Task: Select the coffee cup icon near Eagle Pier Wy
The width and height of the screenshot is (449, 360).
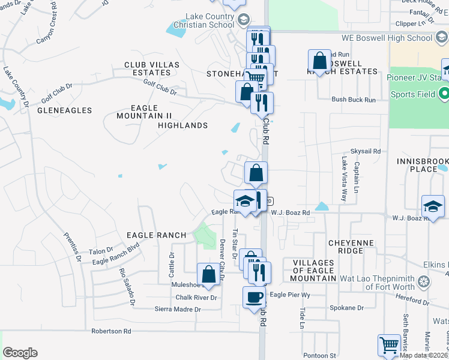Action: pos(254,297)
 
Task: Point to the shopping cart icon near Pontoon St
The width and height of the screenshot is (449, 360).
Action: pos(389,345)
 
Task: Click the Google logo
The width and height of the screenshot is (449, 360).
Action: pos(20,353)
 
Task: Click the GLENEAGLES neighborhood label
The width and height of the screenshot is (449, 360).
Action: pos(64,110)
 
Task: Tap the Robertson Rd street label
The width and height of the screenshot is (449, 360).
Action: pos(111,331)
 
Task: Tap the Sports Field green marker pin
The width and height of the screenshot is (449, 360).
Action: pos(444,94)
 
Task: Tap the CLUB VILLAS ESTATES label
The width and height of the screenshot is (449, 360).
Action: pos(148,68)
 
